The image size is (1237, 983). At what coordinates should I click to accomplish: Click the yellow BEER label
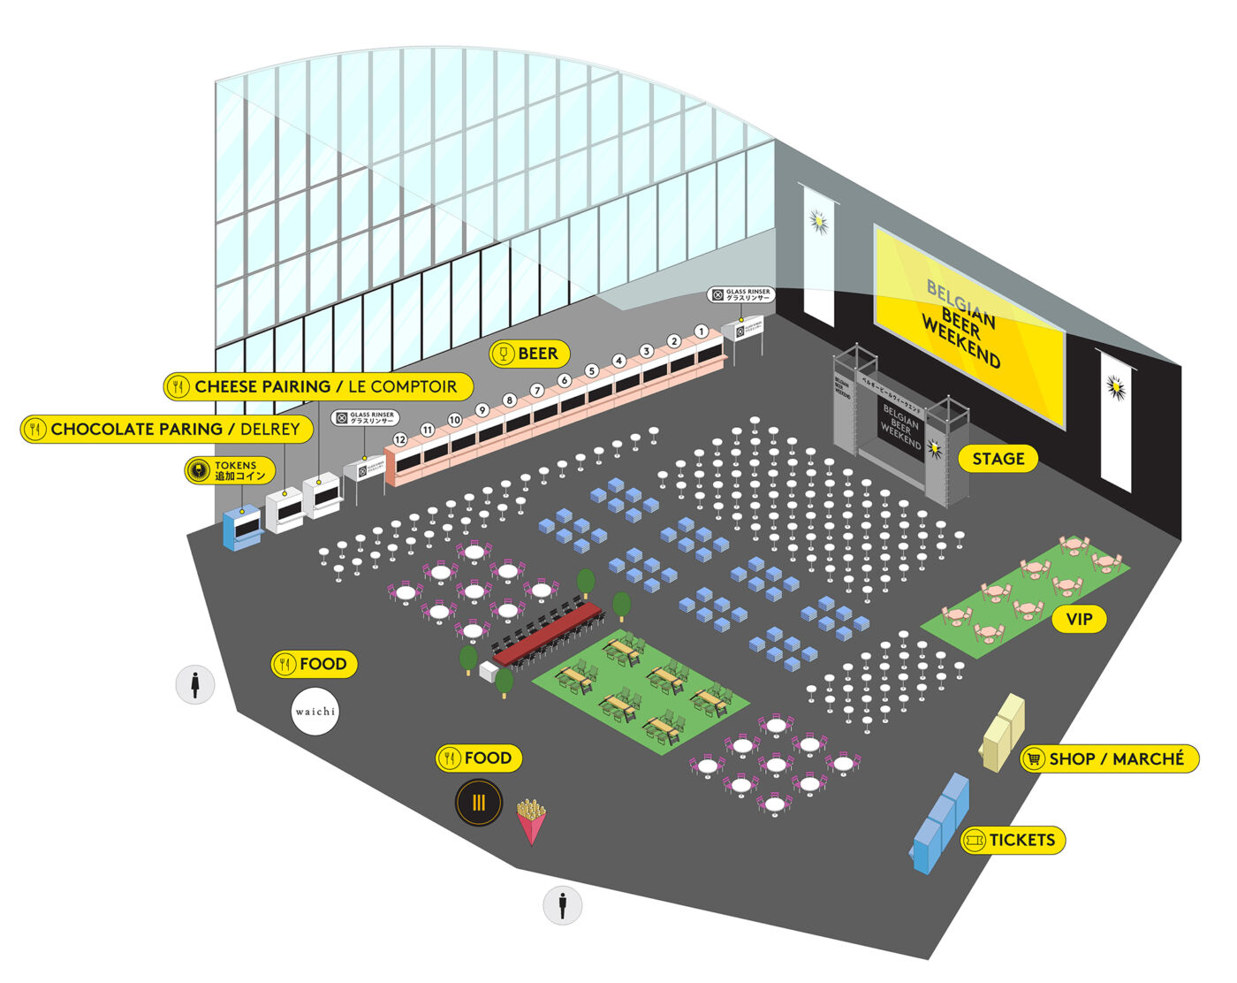click(529, 354)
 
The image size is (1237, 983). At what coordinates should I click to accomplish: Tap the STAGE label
click(998, 459)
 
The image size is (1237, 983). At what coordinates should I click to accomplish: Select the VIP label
click(1079, 619)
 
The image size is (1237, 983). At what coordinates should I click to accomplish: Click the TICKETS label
click(1013, 840)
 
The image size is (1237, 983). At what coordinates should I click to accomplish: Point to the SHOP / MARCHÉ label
click(1109, 758)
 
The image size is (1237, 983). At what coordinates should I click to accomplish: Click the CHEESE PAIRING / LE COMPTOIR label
click(318, 386)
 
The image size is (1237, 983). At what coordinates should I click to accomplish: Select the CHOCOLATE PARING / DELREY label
click(167, 429)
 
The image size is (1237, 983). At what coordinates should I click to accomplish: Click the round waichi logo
click(315, 712)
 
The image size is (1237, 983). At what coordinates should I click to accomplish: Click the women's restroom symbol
click(195, 684)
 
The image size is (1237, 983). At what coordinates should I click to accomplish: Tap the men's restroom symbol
click(563, 904)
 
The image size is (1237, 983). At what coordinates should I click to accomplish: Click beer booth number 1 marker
click(701, 332)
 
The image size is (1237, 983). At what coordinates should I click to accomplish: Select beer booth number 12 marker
click(400, 439)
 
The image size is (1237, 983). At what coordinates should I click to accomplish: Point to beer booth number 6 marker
click(564, 381)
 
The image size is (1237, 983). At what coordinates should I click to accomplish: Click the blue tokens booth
click(242, 527)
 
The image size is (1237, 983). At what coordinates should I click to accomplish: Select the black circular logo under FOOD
click(478, 803)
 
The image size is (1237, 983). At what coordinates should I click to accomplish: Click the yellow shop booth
click(1004, 731)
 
